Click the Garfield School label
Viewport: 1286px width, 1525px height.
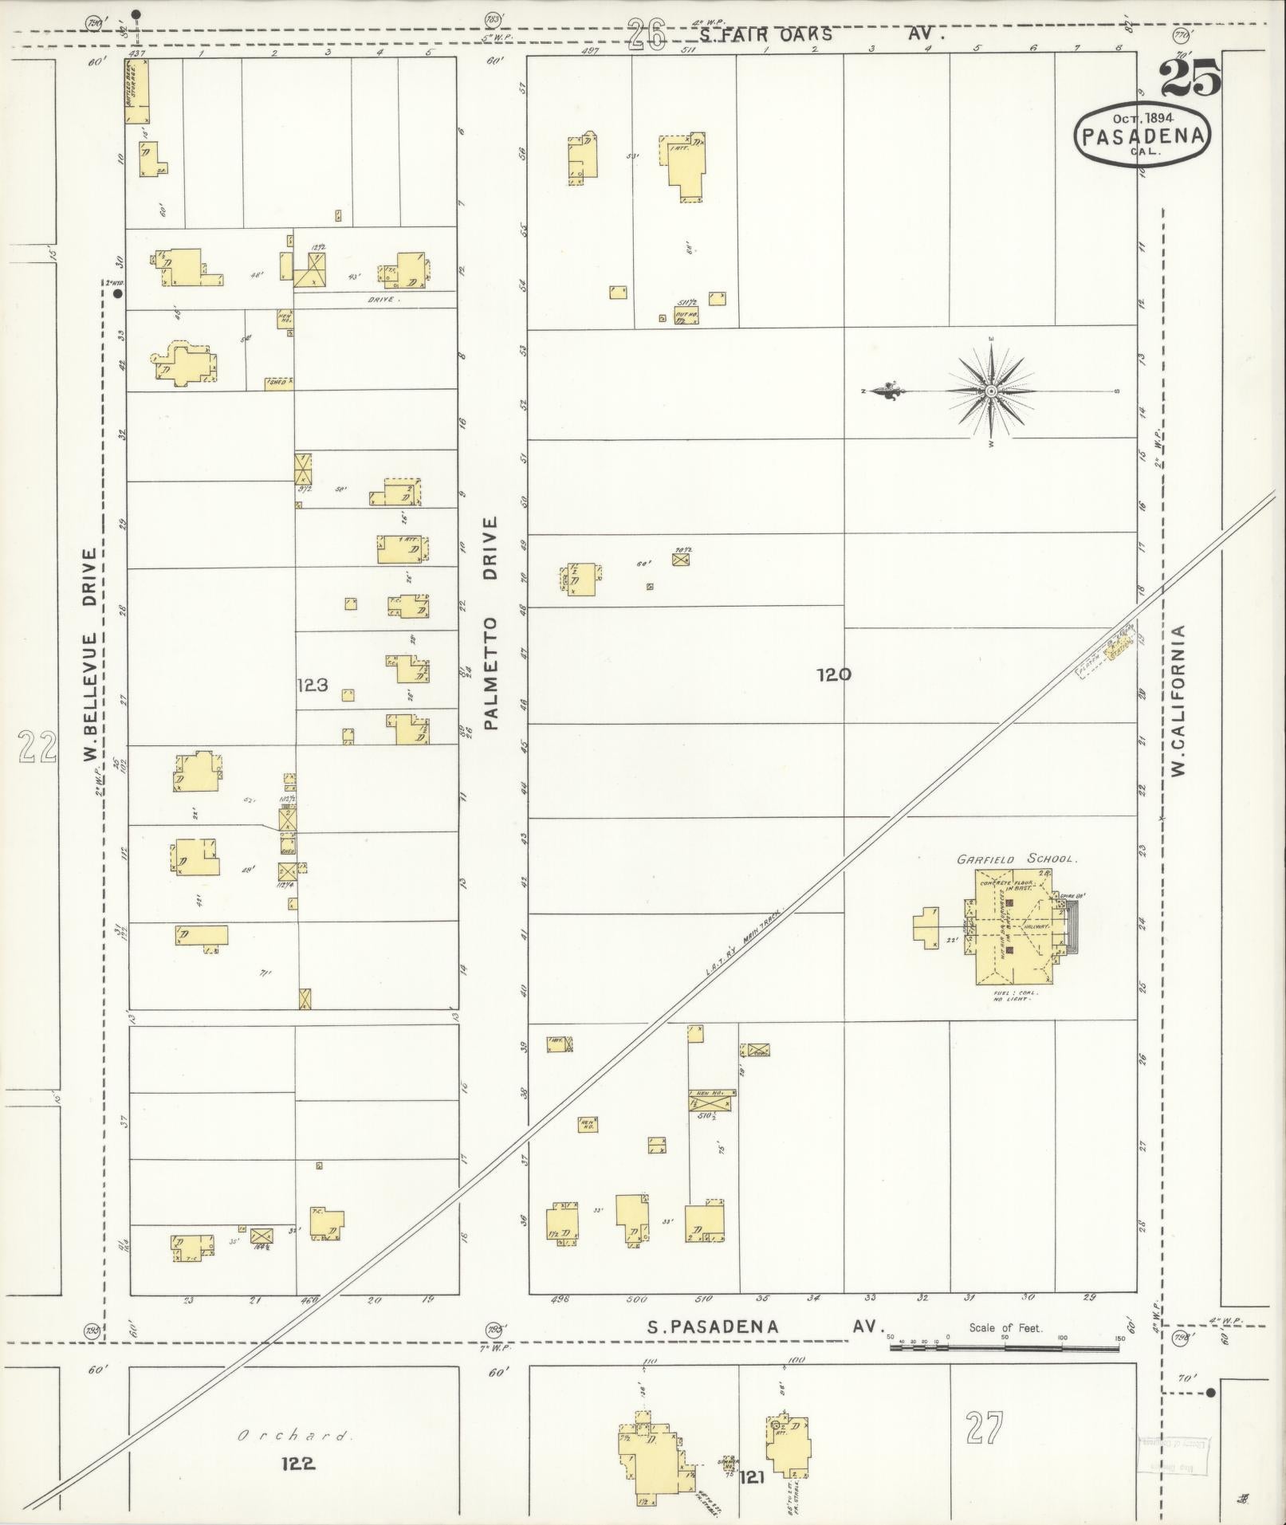[x=1017, y=859]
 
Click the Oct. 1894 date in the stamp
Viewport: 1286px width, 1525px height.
[x=1142, y=118]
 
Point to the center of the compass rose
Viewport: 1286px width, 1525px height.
[x=990, y=391]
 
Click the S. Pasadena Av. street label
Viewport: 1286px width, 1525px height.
[x=764, y=1327]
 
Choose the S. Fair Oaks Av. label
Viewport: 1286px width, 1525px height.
[x=821, y=34]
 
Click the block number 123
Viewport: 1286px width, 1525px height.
[x=312, y=684]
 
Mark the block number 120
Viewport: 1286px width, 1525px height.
[x=833, y=674]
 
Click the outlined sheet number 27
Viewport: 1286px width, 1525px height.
[x=984, y=1427]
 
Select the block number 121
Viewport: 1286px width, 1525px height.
[x=752, y=1477]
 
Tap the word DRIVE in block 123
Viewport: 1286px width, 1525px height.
[x=383, y=300]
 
